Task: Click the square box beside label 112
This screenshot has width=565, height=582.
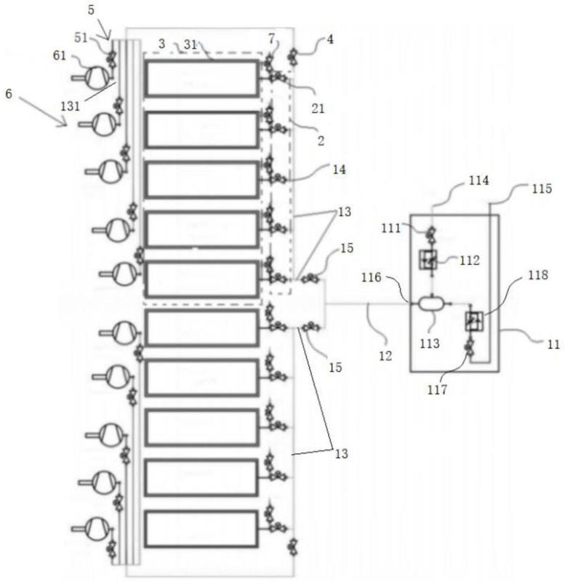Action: point(430,258)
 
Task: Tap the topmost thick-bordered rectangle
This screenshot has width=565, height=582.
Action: point(202,79)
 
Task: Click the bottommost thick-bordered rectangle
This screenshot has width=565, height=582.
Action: point(202,529)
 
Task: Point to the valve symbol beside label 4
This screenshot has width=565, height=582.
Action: point(294,55)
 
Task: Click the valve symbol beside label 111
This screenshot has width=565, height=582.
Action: point(430,234)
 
